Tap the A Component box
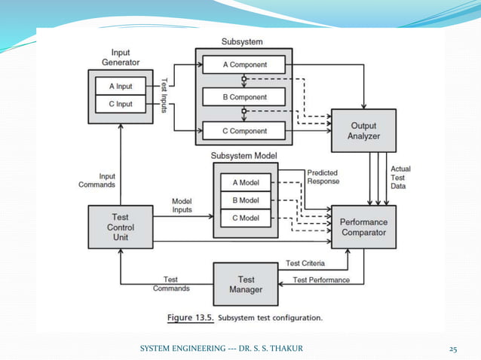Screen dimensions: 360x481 point(244,66)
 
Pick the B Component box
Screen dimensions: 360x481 point(244,97)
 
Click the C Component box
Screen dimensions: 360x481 point(244,130)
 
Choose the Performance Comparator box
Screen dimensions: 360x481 point(363,227)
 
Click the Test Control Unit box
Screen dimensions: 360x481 point(121,227)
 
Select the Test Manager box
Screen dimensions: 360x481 point(246,284)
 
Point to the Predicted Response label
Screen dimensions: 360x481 point(323,177)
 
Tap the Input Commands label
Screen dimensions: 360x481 point(97,180)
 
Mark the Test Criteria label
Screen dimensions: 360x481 point(305,264)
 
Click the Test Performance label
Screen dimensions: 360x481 point(321,280)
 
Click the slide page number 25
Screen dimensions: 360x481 point(453,349)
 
